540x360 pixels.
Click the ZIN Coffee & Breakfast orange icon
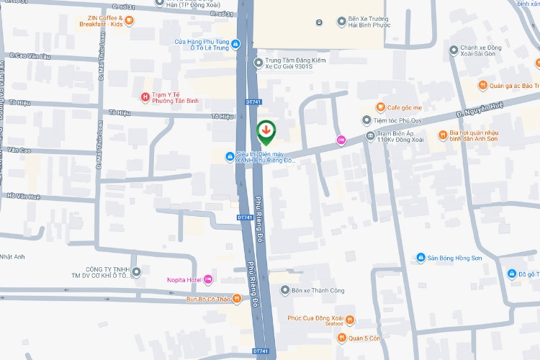(x=129, y=20)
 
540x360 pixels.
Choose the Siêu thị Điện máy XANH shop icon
(x=229, y=156)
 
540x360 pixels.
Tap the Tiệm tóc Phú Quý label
(x=405, y=121)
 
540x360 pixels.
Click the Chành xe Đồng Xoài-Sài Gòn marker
(x=453, y=50)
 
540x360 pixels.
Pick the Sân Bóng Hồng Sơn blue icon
(x=420, y=258)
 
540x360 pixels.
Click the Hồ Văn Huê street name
(x=23, y=196)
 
